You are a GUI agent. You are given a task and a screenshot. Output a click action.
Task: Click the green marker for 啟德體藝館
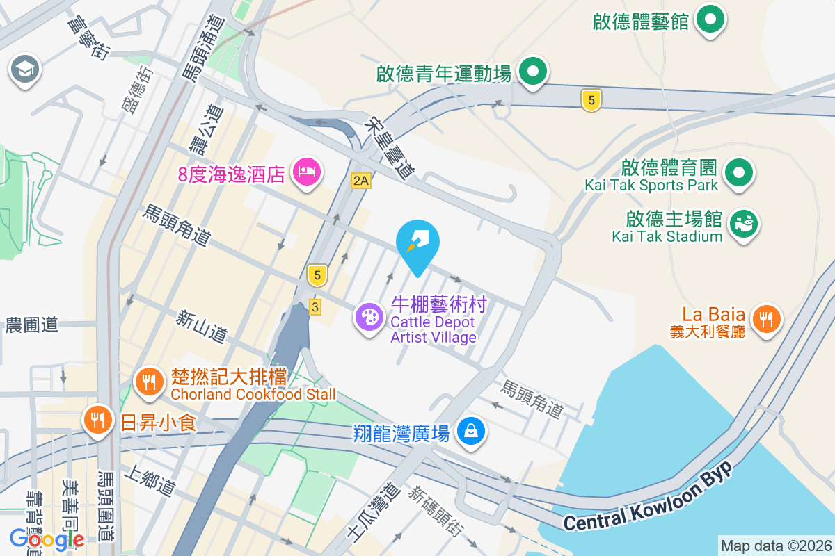[709, 19]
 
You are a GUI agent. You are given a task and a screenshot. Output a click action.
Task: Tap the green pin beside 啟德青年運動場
[532, 72]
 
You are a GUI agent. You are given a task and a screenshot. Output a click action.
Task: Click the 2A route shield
[360, 181]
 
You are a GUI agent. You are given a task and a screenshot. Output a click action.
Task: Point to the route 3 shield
[315, 306]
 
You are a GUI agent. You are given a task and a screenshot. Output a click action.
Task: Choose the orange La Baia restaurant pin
[766, 319]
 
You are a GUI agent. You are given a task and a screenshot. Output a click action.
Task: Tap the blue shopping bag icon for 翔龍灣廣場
[471, 431]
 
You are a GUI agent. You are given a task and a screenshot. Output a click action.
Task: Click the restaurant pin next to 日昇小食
[98, 420]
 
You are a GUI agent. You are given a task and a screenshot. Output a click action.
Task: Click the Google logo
[47, 539]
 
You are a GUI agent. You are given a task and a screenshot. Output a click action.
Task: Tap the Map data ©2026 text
[775, 546]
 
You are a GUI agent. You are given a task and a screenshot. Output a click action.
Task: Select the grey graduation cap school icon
[25, 69]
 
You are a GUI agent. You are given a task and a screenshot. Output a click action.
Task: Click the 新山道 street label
[201, 327]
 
